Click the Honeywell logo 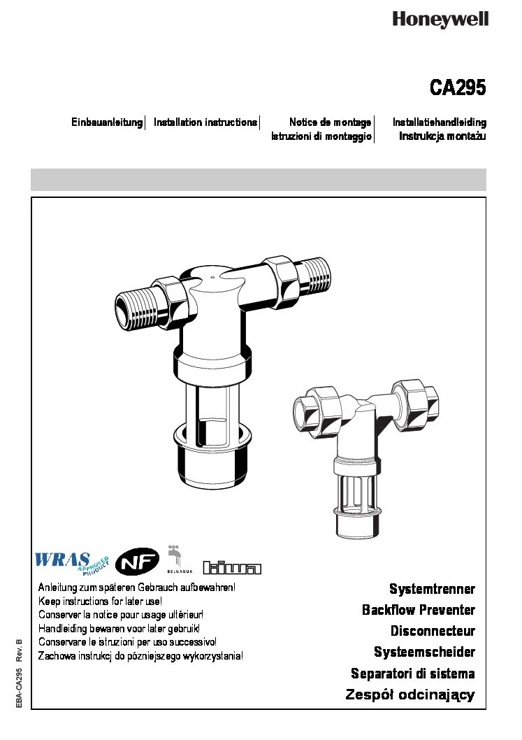440,20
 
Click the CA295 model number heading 457,89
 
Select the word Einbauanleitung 107,122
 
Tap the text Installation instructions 205,122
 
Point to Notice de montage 330,122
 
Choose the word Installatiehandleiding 439,122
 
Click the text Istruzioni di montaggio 321,136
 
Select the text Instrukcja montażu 442,136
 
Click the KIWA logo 231,567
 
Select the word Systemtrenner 432,589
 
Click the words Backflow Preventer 418,610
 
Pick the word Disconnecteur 433,631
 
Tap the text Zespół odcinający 410,695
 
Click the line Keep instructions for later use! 100,602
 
